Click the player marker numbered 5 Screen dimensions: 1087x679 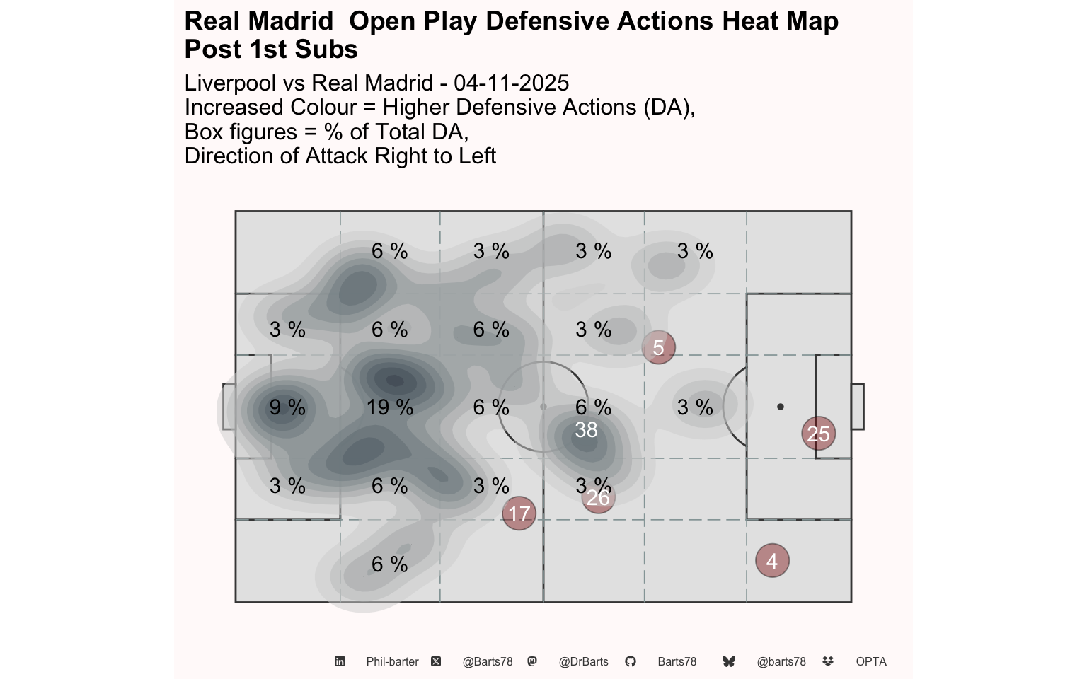658,347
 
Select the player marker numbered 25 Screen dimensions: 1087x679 818,434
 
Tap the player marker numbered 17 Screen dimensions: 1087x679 519,513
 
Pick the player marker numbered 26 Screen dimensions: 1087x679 598,497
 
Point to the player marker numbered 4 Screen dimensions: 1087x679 772,561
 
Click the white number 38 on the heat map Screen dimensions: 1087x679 586,430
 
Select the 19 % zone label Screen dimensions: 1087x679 390,407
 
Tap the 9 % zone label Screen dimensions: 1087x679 287,407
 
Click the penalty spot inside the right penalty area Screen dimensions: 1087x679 780,407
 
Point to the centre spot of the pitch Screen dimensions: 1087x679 543,407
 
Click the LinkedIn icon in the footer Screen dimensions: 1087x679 340,661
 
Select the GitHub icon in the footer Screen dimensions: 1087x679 631,661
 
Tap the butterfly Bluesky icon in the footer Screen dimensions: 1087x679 729,661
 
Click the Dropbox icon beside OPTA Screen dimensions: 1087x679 828,661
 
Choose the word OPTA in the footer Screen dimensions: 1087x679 871,661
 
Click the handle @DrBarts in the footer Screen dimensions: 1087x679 583,661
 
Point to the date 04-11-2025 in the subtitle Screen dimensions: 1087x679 511,83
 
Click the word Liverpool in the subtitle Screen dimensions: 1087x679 231,83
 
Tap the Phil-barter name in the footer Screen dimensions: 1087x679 392,661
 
